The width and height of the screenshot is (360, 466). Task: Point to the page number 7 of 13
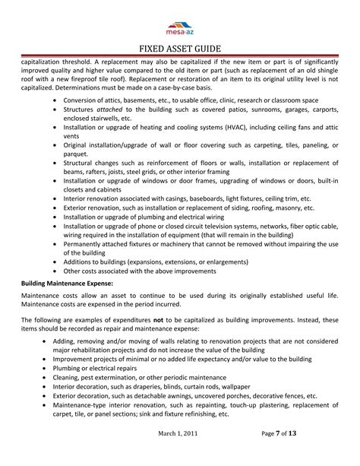pyautogui.click(x=289, y=454)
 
